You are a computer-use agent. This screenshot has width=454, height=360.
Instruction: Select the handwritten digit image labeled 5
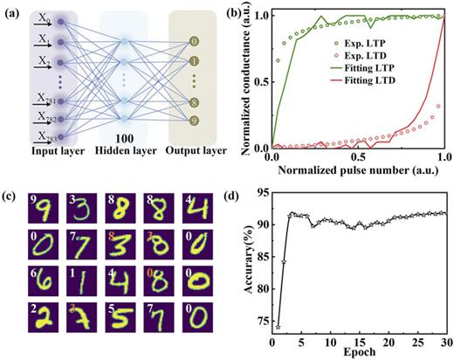tap(114, 323)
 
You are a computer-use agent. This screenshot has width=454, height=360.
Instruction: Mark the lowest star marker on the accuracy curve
tap(278, 327)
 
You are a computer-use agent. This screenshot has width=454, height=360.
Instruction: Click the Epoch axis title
tap(356, 353)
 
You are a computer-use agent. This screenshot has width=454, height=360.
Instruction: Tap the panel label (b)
tap(242, 11)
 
